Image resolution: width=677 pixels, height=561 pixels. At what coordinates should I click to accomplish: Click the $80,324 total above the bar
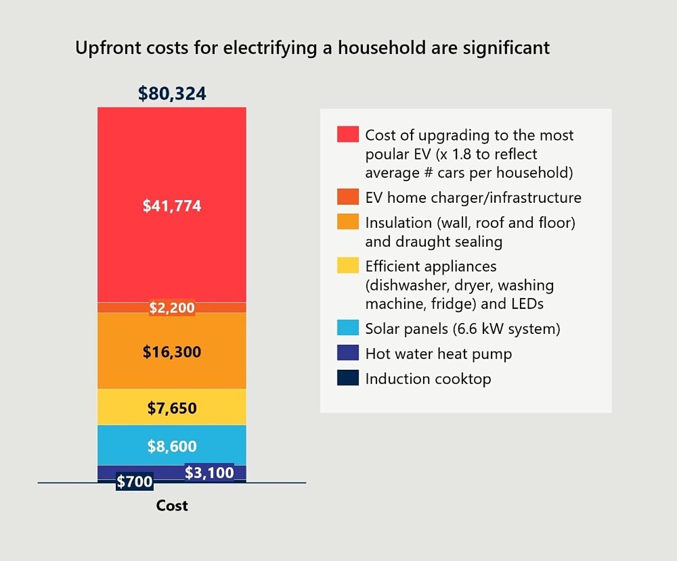coord(172,93)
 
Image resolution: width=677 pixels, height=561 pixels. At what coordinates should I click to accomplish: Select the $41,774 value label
coord(172,205)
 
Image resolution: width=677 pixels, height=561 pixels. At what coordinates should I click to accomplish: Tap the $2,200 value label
coord(172,307)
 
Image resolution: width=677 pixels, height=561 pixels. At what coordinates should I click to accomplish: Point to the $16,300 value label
coord(172,352)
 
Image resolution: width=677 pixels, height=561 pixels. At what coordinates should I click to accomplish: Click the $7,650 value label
coord(172,408)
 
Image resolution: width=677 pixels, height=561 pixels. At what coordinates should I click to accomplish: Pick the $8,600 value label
coord(172,446)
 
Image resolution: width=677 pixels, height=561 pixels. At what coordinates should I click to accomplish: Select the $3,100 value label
coord(209,472)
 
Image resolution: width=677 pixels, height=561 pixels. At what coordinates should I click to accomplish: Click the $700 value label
coord(134,481)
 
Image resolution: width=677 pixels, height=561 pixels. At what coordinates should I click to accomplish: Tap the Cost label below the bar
coord(172,506)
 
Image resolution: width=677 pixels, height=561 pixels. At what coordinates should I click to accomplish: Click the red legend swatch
coord(347,134)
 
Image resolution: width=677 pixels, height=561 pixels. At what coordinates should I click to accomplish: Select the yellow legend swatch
coord(347,265)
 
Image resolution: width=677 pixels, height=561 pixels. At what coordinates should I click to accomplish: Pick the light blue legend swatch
coord(347,328)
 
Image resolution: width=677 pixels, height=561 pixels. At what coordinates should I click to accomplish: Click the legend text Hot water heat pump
coord(438,353)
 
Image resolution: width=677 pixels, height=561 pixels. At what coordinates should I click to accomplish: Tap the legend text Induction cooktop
coord(428,379)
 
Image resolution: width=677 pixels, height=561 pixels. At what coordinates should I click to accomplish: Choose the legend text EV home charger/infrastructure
coord(473,198)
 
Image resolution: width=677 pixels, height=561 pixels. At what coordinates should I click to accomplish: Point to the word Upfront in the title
coord(108,48)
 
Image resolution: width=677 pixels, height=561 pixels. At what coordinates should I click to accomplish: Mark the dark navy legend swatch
coord(347,378)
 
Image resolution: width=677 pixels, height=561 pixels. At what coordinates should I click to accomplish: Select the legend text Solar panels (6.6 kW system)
coord(462,329)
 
